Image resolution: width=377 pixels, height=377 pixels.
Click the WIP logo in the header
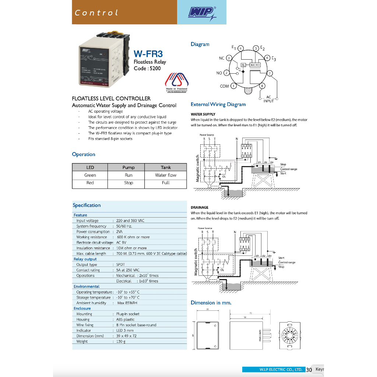[201, 14]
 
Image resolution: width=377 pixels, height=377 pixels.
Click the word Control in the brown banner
[96, 13]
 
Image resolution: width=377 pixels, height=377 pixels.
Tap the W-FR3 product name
[149, 54]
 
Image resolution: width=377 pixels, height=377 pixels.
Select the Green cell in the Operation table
[90, 175]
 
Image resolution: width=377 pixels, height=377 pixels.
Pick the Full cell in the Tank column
[166, 183]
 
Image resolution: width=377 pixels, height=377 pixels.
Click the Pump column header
[128, 168]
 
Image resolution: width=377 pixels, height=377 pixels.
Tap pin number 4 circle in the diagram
[241, 48]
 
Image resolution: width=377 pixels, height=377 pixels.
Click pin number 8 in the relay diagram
[262, 86]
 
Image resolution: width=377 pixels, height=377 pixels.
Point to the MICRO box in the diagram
[255, 65]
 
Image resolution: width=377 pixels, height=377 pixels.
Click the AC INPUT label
[269, 99]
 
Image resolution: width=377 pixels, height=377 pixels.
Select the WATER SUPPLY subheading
[203, 114]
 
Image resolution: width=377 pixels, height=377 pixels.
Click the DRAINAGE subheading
[200, 208]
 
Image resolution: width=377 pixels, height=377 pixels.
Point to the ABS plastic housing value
[126, 320]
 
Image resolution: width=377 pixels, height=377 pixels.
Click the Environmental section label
[87, 286]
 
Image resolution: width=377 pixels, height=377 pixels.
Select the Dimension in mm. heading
[211, 303]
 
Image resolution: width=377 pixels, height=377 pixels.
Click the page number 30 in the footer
[309, 369]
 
